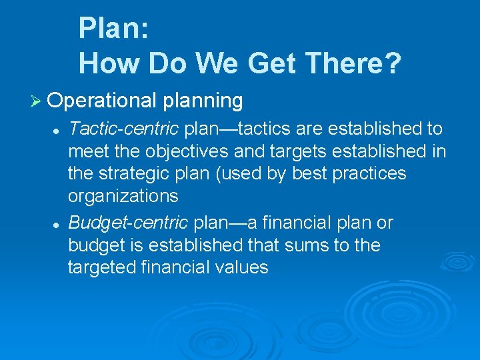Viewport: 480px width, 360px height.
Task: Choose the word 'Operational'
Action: tap(102, 101)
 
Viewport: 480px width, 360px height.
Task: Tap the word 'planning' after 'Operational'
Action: tap(202, 101)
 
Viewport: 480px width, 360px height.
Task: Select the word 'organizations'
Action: tap(123, 197)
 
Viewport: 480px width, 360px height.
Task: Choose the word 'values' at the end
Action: tap(241, 268)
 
